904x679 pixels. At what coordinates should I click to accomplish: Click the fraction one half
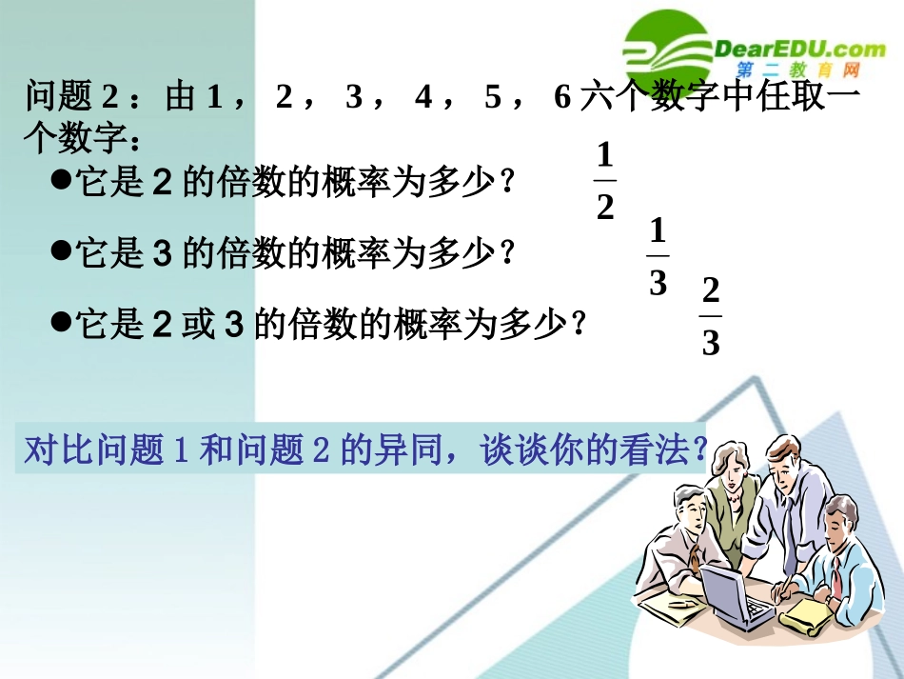click(605, 180)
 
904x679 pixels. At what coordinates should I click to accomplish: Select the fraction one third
click(658, 257)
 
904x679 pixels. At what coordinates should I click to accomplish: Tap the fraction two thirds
click(711, 316)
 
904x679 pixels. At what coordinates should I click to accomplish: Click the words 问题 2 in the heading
click(71, 98)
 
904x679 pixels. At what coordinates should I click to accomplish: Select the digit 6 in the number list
click(561, 98)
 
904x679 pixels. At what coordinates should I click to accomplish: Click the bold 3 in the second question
click(161, 252)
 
